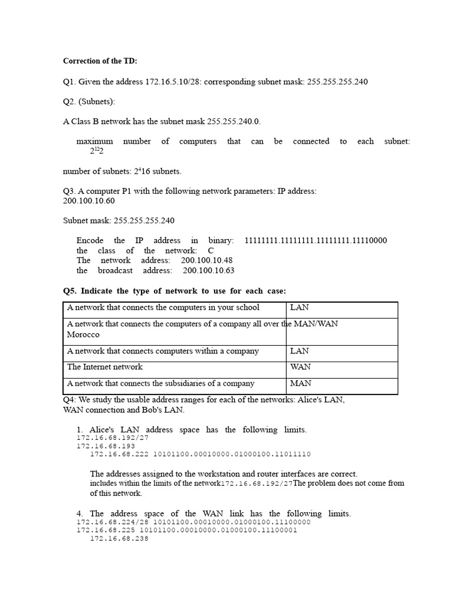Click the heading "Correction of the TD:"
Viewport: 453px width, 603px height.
(100, 61)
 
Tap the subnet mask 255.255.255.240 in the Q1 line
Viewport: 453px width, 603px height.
(337, 82)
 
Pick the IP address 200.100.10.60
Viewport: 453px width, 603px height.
(89, 201)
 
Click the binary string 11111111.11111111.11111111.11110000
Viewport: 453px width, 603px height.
(316, 241)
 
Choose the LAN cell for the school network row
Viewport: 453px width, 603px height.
(300, 308)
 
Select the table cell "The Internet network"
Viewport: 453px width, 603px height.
(105, 367)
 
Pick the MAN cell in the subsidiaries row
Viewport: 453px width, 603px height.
(300, 383)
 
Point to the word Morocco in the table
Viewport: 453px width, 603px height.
(83, 334)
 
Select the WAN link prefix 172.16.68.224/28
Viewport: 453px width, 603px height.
(112, 522)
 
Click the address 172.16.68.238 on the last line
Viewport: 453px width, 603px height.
(119, 538)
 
